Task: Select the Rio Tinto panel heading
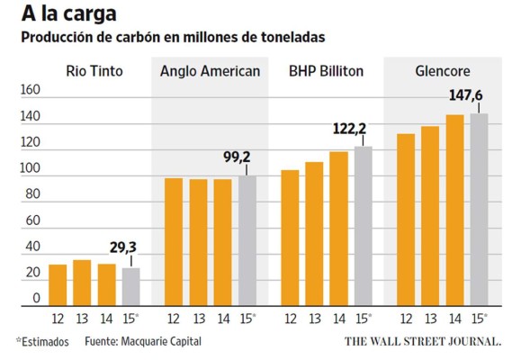[x=94, y=71]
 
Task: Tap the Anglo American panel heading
[x=210, y=71]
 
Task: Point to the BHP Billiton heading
[x=326, y=71]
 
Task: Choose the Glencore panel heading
[x=442, y=71]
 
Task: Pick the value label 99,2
[x=237, y=157]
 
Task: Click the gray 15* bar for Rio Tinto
[x=131, y=287]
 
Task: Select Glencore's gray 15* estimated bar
[x=479, y=210]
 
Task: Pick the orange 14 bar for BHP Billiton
[x=338, y=229]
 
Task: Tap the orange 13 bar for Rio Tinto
[x=82, y=283]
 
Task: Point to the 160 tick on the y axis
[x=31, y=90]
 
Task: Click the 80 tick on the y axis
[x=31, y=194]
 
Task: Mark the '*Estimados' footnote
[x=42, y=342]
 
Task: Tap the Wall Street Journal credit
[x=423, y=342]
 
